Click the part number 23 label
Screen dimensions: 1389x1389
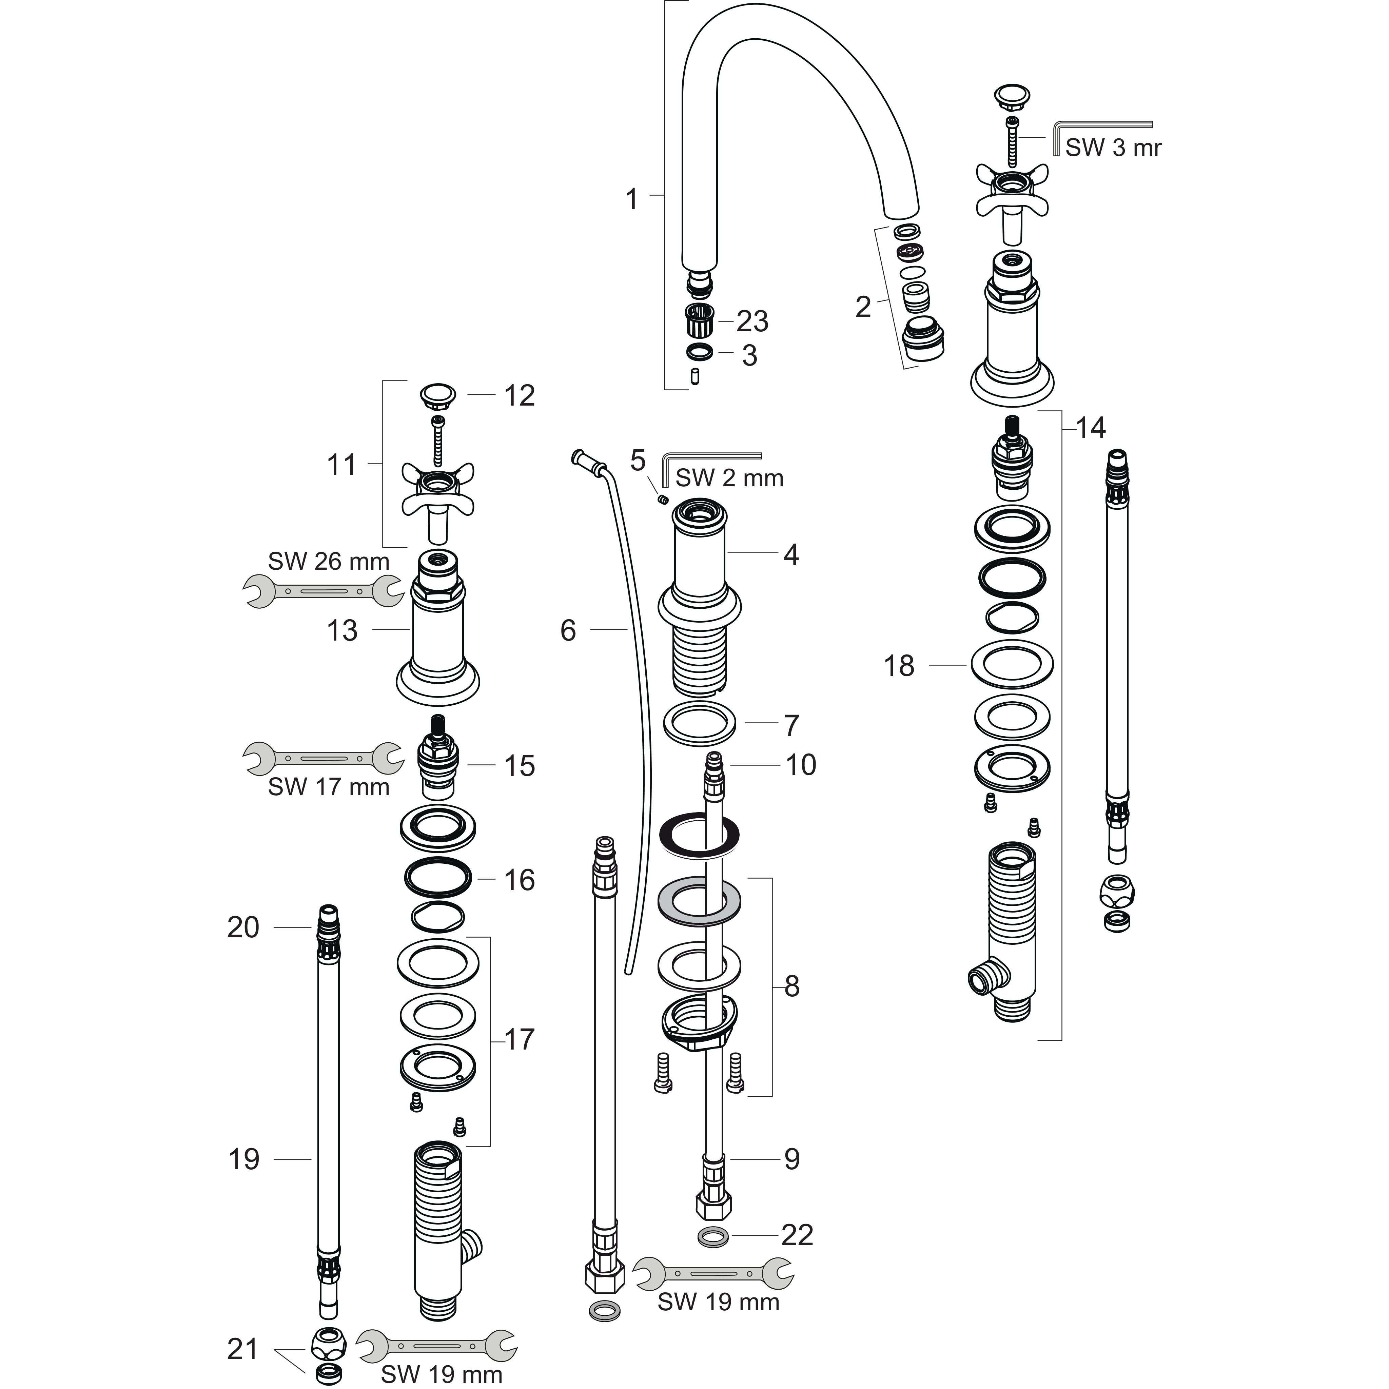(x=752, y=321)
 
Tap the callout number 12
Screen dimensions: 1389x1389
(x=519, y=396)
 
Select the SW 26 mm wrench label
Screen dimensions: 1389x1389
(x=329, y=562)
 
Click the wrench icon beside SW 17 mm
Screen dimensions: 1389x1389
(x=323, y=758)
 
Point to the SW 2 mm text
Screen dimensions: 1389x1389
(x=729, y=478)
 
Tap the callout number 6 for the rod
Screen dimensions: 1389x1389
(x=568, y=630)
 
